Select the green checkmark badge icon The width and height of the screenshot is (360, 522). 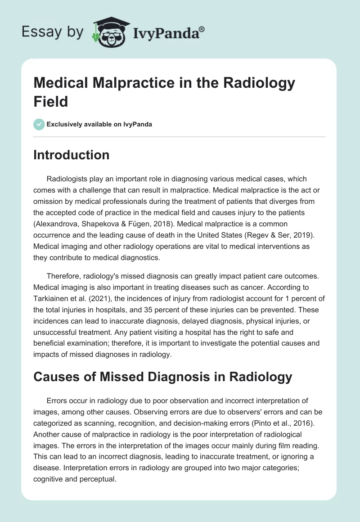tap(40, 124)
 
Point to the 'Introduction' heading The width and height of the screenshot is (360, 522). tap(71, 155)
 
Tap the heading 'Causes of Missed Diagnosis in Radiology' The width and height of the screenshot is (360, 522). tap(162, 377)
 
